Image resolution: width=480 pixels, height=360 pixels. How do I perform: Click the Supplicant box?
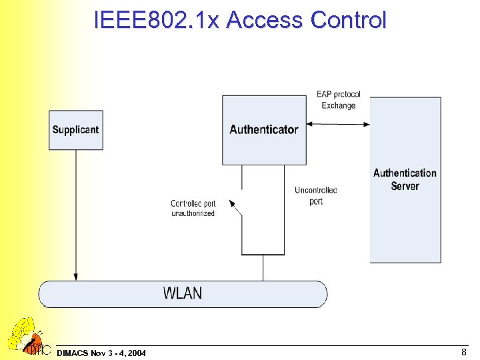tap(75, 130)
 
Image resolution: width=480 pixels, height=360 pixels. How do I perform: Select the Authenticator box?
tap(264, 130)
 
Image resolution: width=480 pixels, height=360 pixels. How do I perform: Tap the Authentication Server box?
tap(405, 180)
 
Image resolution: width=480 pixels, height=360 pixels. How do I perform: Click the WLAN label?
tap(183, 293)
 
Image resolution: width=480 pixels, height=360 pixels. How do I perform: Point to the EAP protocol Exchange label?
tap(338, 100)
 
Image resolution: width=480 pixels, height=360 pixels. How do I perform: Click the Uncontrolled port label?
tap(316, 195)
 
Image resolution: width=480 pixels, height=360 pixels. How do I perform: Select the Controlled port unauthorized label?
tap(193, 208)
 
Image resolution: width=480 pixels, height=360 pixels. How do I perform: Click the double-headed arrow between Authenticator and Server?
tap(338, 123)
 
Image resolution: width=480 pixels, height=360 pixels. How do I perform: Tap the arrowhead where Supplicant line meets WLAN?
tap(76, 276)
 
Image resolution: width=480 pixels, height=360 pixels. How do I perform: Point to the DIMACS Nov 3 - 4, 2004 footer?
tap(102, 352)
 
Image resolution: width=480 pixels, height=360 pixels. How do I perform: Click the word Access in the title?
tap(266, 20)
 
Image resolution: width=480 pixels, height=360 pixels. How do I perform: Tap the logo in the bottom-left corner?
tap(27, 337)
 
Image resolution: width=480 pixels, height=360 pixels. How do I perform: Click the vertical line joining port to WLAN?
tap(263, 267)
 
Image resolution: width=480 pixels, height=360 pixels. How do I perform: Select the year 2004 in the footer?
tap(136, 352)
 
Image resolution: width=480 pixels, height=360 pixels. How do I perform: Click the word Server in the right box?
tap(405, 187)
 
